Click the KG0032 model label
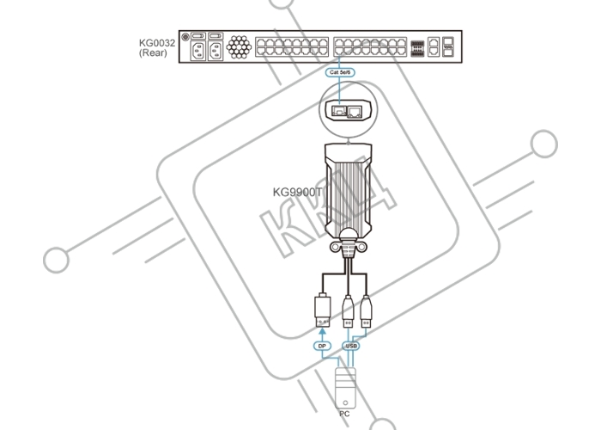pos(157,43)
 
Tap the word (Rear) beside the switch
pos(153,52)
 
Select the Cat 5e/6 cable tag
pos(340,72)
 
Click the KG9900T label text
pos(297,192)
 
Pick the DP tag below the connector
pos(322,346)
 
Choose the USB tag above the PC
pos(351,346)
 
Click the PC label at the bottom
pos(344,414)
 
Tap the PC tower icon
pos(345,388)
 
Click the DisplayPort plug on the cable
pos(322,310)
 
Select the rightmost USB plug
pos(366,311)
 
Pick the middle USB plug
pos(348,311)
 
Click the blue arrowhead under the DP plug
pos(322,331)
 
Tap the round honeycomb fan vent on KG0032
pos(239,46)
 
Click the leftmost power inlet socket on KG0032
pos(198,51)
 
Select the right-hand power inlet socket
pos(216,51)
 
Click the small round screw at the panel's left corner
pos(185,37)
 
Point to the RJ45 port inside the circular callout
pos(354,111)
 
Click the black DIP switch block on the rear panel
pos(417,49)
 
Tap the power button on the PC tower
pos(345,402)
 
